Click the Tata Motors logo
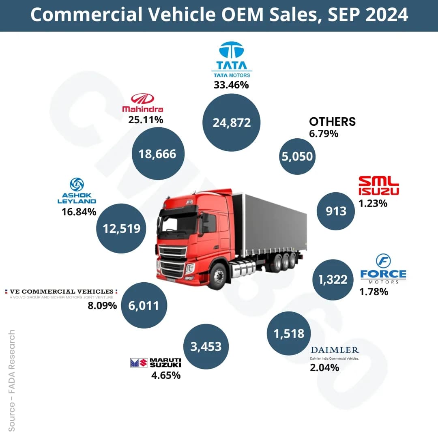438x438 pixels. pos(232,59)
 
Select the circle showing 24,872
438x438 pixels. pos(232,122)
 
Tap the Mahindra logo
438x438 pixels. pos(143,103)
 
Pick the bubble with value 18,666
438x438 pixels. pos(157,154)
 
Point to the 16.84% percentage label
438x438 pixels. pos(79,212)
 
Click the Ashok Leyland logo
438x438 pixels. pos(77,191)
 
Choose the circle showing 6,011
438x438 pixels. pos(145,305)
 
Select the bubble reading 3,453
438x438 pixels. pos(206,346)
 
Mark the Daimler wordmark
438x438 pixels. pos(335,350)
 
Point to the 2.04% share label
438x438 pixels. pos(324,368)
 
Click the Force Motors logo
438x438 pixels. pos(383,268)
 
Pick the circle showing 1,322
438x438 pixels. pos(332,279)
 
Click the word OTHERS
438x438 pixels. pos(332,121)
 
